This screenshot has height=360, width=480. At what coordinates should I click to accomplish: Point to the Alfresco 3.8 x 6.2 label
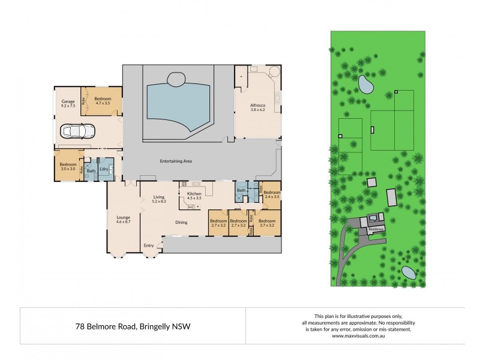tap(258, 108)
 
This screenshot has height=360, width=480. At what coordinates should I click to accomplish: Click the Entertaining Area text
tap(175, 161)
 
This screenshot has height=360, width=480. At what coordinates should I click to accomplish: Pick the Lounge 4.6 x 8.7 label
tap(123, 219)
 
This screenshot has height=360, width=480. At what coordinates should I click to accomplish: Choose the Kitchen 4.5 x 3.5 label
tap(194, 196)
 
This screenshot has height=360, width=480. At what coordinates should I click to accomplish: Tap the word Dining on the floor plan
tap(182, 222)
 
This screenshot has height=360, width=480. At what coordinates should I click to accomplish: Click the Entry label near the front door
tap(149, 245)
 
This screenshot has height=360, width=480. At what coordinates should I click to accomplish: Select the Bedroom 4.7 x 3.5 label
tap(103, 101)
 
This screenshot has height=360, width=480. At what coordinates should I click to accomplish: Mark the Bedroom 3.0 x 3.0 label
tap(68, 166)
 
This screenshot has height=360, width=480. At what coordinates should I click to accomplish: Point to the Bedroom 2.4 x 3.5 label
tap(272, 194)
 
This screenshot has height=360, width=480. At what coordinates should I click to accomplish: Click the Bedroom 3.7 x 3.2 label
tap(266, 223)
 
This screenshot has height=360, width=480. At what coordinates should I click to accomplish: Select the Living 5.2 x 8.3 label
tap(158, 199)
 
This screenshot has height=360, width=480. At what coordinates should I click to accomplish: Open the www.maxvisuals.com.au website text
tap(355, 336)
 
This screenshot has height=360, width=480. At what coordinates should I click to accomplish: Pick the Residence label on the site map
tap(376, 229)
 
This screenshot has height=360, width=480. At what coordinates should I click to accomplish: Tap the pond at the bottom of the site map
tap(409, 273)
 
